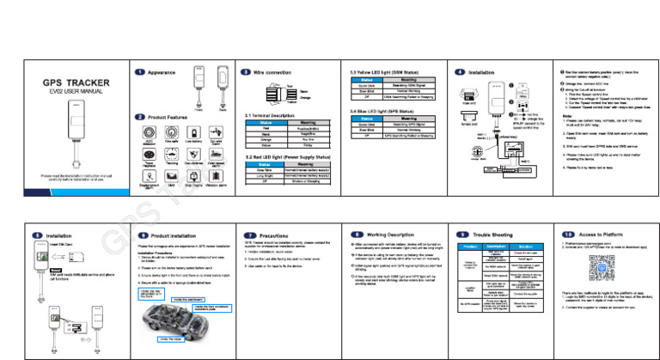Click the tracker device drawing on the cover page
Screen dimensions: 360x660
(x=76, y=133)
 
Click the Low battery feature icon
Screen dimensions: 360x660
(x=194, y=136)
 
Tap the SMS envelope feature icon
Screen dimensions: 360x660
(x=172, y=178)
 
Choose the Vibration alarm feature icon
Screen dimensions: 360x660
(x=217, y=178)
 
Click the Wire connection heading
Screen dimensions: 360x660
(x=272, y=73)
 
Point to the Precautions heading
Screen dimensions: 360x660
(x=274, y=234)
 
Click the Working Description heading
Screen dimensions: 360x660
(x=391, y=234)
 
